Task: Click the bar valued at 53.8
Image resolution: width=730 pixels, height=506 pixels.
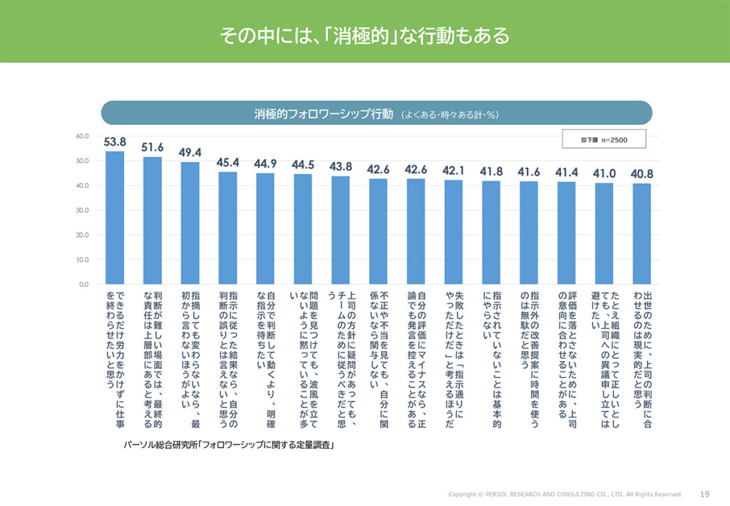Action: [115, 218]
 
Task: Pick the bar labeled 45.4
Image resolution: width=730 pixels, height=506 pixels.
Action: [227, 228]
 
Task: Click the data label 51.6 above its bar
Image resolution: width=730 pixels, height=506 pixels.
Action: [152, 147]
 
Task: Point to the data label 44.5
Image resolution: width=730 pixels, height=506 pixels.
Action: [303, 165]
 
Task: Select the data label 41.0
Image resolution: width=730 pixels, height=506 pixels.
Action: [604, 173]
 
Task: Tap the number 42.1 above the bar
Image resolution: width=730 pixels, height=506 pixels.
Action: [453, 171]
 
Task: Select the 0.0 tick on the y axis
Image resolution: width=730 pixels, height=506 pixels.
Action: [83, 284]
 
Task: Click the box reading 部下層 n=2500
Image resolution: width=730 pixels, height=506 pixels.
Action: [603, 139]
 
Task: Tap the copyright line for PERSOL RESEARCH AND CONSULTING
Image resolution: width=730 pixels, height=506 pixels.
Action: [565, 494]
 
